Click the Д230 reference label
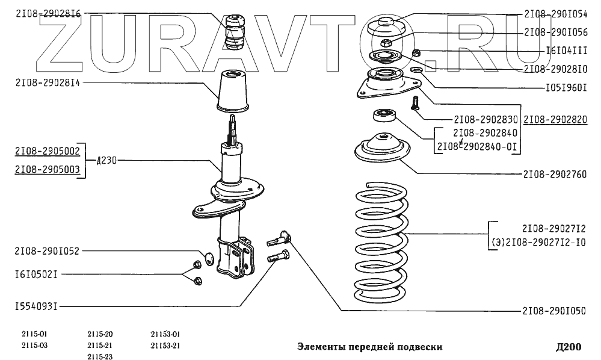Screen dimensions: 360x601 tap(105, 161)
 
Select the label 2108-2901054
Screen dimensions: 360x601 tap(555, 14)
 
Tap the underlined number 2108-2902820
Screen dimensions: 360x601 tap(555, 120)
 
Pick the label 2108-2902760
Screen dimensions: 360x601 tap(555, 175)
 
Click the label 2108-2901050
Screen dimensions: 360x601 tap(555, 311)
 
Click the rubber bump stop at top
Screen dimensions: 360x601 tap(235, 33)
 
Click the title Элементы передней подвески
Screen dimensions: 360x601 tap(370, 347)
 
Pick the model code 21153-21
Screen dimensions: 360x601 tap(165, 346)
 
